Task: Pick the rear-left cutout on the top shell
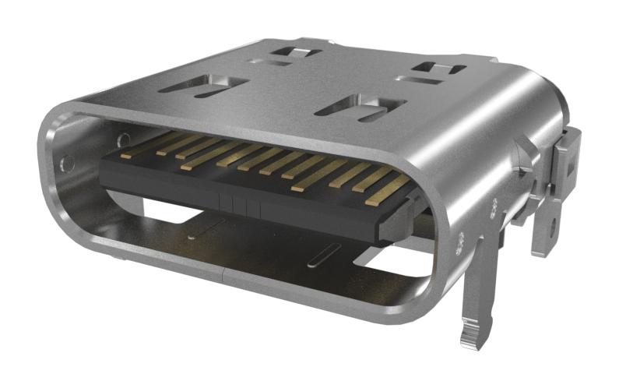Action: (x=296, y=54)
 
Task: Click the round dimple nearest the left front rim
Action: (x=68, y=163)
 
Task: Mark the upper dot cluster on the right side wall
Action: (x=494, y=206)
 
